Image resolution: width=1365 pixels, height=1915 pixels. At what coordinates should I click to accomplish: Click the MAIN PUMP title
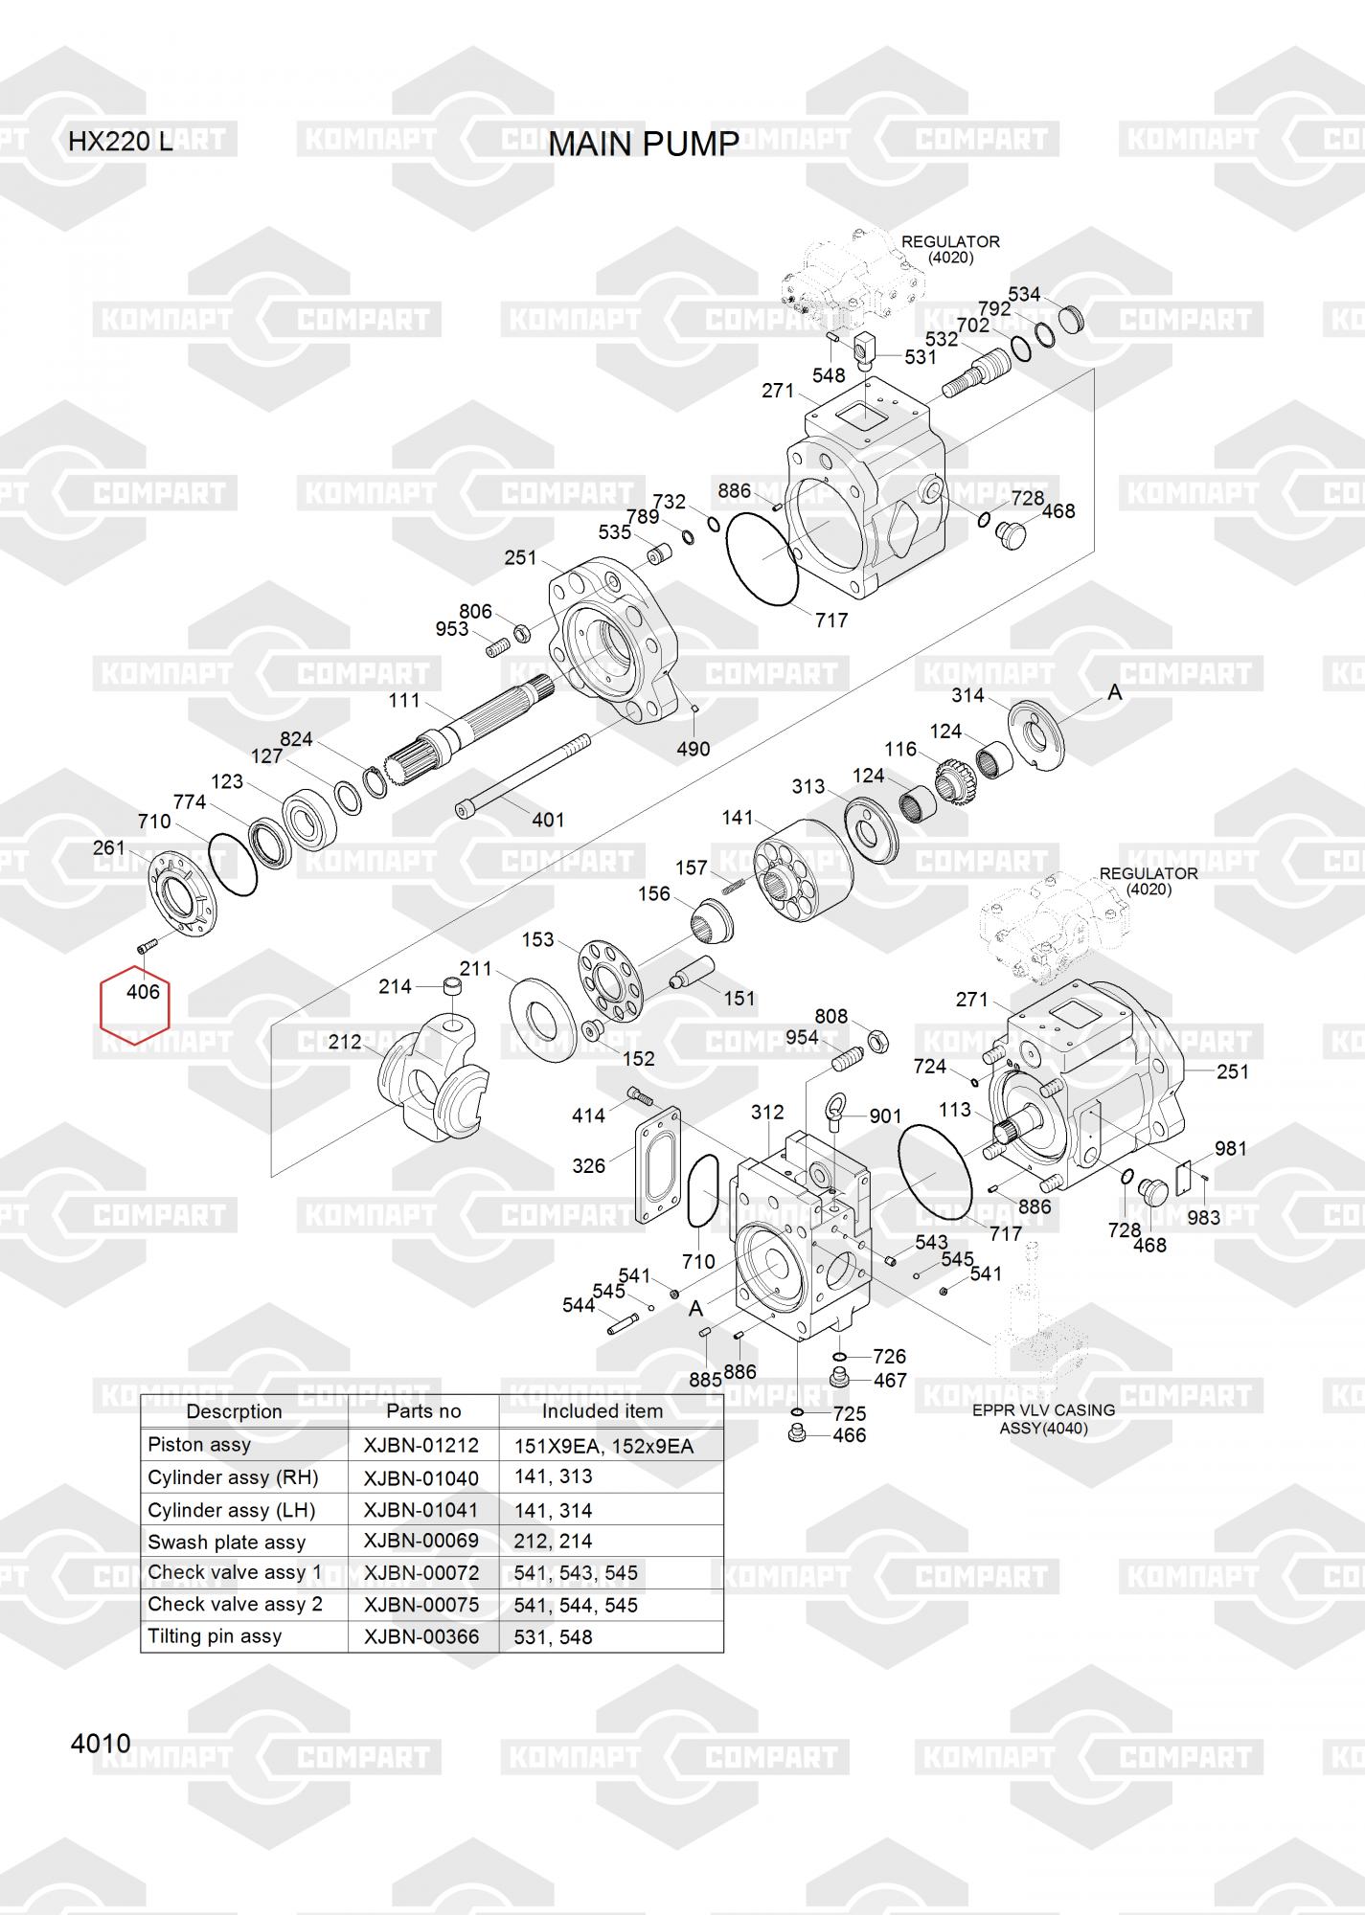click(644, 144)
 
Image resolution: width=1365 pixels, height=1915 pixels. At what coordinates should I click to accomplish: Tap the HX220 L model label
click(120, 142)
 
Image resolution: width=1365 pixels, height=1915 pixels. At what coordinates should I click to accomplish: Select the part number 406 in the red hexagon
click(143, 992)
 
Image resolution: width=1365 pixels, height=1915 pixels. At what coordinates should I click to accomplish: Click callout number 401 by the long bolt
click(548, 820)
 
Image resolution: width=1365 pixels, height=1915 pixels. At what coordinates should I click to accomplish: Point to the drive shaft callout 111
click(404, 701)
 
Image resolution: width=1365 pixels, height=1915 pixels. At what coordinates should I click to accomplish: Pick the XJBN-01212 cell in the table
click(421, 1445)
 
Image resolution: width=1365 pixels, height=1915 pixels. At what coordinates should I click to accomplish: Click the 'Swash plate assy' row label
click(226, 1542)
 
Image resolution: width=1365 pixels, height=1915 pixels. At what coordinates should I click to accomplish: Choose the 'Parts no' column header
click(423, 1411)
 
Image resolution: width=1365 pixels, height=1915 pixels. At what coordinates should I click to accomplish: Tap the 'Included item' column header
click(602, 1411)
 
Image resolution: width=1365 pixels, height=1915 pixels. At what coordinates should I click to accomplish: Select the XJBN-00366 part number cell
click(421, 1637)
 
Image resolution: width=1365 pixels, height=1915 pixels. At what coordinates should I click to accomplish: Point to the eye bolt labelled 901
click(835, 1113)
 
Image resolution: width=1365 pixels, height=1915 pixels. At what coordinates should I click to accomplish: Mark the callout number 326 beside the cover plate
click(588, 1165)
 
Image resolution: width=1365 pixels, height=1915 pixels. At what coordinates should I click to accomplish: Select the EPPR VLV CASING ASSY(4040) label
click(1043, 1419)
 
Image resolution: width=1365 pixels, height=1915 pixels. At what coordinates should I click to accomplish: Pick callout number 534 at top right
click(1024, 294)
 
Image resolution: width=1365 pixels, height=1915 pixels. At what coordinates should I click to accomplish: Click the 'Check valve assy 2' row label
click(235, 1604)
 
